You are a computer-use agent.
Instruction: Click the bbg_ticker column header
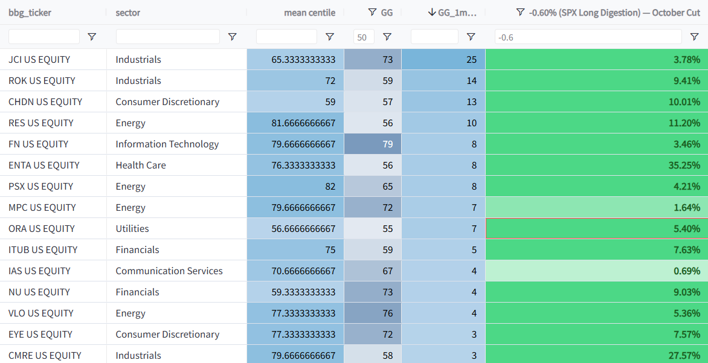[30, 13]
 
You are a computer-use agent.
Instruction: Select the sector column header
[128, 13]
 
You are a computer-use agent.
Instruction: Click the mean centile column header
[310, 13]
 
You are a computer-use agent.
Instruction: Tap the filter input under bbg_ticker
[44, 37]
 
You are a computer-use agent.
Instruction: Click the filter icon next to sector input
[232, 37]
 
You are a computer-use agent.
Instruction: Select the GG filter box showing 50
[364, 37]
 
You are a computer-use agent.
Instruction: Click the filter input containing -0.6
[588, 37]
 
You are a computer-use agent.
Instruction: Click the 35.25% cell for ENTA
[596, 165]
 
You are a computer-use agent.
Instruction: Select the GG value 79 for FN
[373, 144]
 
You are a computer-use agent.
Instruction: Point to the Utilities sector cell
[176, 228]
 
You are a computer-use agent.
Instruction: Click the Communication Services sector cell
[176, 271]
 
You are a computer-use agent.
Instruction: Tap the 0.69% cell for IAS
[596, 271]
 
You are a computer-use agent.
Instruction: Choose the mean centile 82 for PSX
[295, 187]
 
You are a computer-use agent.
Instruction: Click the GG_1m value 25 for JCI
[443, 60]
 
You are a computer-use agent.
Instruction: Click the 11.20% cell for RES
[596, 123]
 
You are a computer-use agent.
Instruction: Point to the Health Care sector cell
[176, 165]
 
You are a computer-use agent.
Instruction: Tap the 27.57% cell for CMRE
[596, 355]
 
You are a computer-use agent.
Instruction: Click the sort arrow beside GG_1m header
[432, 12]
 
